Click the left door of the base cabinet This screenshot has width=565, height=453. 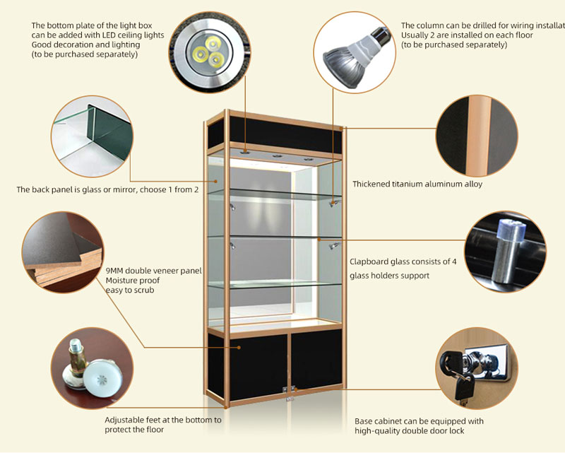click(x=248, y=368)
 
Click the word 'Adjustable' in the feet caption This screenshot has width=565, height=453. click(x=126, y=420)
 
